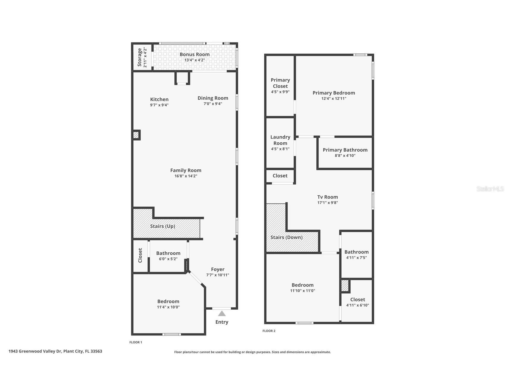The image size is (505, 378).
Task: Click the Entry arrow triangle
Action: (222, 314)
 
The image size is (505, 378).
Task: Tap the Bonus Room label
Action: (195, 54)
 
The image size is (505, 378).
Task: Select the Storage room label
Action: (139, 57)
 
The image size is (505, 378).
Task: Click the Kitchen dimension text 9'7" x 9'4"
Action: (159, 105)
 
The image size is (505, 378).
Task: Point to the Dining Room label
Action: (213, 98)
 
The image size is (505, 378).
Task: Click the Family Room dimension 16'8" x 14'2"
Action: (186, 176)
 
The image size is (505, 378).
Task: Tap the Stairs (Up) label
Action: (162, 226)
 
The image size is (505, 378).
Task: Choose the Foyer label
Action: (218, 269)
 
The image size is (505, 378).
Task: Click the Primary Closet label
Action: (280, 83)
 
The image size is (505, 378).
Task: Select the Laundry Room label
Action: (280, 140)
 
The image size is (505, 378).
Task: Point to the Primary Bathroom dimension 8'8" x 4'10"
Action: (345, 155)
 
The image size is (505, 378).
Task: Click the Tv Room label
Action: (327, 197)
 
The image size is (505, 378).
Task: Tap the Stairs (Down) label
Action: (286, 237)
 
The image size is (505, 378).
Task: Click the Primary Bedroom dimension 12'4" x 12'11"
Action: (334, 98)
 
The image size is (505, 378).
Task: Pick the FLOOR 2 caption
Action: (269, 331)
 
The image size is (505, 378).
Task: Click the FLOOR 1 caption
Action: (136, 342)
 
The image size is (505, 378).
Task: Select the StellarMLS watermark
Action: (490, 189)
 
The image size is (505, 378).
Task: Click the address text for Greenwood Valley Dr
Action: (55, 351)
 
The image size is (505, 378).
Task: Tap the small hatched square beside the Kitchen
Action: (136, 135)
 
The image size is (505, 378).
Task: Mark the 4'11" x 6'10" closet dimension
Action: (357, 305)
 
